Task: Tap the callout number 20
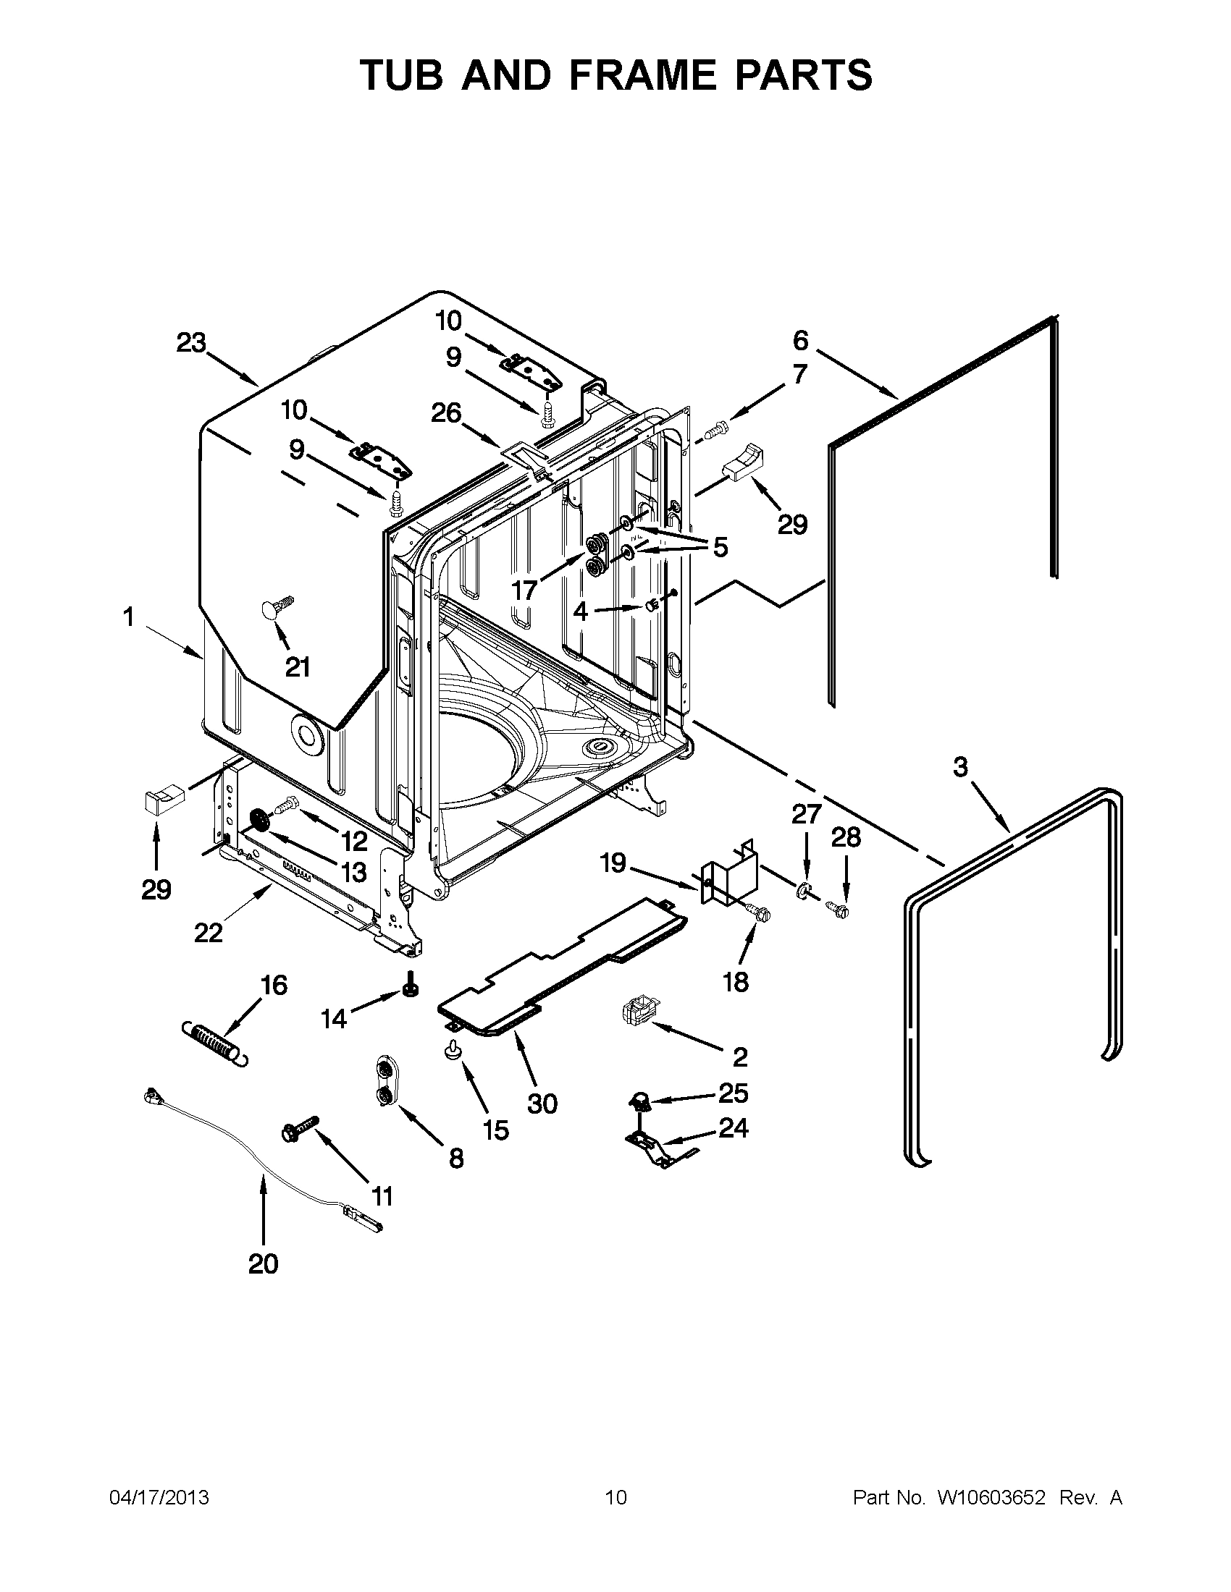click(x=264, y=1263)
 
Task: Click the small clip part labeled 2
click(x=636, y=1013)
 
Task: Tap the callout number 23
click(x=191, y=342)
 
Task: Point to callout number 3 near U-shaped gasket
click(x=960, y=766)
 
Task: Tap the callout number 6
click(x=801, y=340)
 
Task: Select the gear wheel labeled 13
click(x=259, y=821)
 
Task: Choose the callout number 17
click(x=524, y=590)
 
